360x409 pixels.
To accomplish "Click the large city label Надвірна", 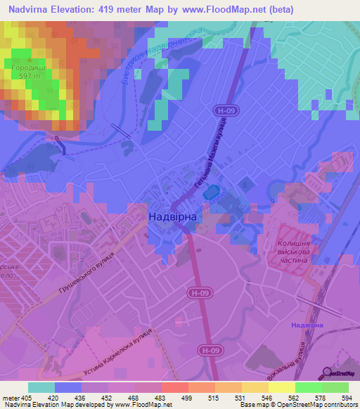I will tap(172, 217).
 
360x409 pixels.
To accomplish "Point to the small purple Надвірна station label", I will tap(307, 325).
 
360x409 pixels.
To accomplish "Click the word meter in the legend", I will tap(12, 397).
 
